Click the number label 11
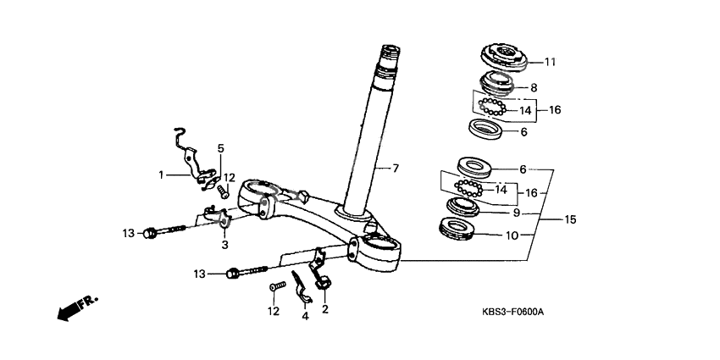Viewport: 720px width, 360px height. [x=550, y=62]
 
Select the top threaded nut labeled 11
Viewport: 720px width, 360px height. [x=506, y=58]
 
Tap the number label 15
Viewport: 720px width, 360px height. [x=570, y=219]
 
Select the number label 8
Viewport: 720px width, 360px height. [x=534, y=87]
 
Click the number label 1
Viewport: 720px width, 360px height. [x=159, y=175]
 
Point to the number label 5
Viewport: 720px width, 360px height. [x=221, y=148]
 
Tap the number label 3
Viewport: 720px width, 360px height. [x=224, y=245]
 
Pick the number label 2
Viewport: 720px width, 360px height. [x=324, y=309]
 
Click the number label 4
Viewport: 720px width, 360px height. [x=305, y=317]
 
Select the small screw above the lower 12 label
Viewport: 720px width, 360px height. [x=274, y=288]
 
